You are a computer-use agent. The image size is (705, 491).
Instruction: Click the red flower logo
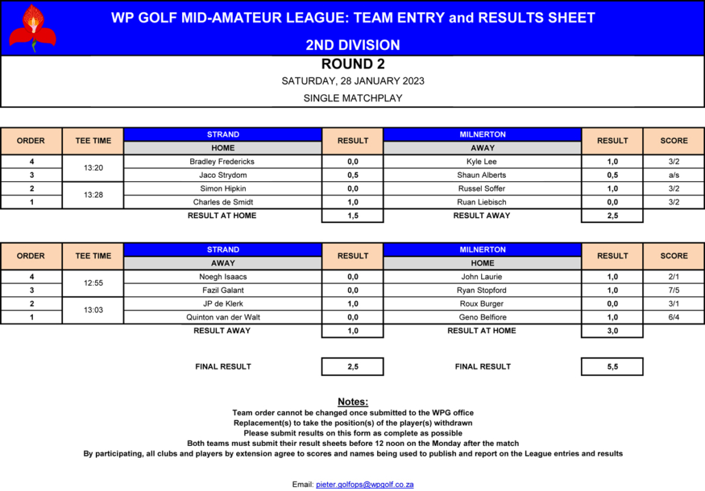coord(32,27)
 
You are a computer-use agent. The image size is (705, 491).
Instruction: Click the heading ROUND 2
coord(352,64)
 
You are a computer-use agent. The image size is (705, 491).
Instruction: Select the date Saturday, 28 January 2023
coord(352,81)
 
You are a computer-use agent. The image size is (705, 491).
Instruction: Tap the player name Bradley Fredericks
coord(222,161)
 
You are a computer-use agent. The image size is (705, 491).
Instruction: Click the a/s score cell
coord(674,175)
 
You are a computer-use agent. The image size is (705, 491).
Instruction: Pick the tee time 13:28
coord(93,195)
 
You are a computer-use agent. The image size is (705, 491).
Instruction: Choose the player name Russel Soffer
coord(482,188)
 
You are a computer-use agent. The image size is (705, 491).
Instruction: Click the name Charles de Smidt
coord(222,202)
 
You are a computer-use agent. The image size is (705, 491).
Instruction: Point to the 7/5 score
coord(674,290)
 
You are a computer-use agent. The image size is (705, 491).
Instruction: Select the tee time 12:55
coord(93,283)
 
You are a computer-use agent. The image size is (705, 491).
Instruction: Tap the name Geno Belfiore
coord(482,317)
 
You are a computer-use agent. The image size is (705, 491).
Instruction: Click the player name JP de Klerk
coord(222,304)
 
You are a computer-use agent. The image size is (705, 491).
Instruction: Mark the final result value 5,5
coord(612,367)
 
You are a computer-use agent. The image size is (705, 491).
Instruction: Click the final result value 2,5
coord(352,367)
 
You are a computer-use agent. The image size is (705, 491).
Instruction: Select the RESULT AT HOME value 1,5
coord(352,215)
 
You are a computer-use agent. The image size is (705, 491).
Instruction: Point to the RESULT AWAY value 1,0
coord(352,330)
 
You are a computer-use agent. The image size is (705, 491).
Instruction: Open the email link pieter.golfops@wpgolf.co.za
coord(364,484)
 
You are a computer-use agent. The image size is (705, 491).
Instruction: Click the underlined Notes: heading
coord(352,401)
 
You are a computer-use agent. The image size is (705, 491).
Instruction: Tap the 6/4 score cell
coord(674,317)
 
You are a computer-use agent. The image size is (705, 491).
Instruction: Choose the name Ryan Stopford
coord(482,290)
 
